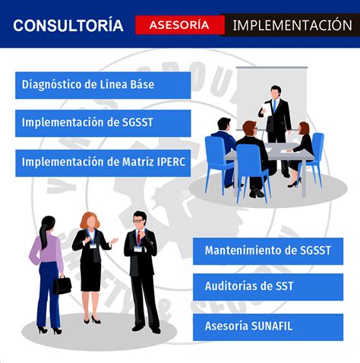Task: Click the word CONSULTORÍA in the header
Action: tap(68, 25)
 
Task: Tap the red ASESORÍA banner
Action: tap(180, 25)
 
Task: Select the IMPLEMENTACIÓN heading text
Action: tap(292, 25)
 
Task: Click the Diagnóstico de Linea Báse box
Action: tap(103, 85)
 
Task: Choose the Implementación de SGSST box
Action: tap(103, 123)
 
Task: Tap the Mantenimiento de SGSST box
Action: tap(268, 251)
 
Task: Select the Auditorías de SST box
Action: tap(268, 287)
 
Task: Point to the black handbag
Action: tap(62, 285)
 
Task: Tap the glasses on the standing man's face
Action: tap(138, 221)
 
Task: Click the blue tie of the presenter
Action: tap(274, 106)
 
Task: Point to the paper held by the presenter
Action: tap(267, 109)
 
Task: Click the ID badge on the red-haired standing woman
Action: tap(93, 246)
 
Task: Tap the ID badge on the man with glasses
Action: tap(137, 249)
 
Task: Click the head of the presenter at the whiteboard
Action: tap(276, 92)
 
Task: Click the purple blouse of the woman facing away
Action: tap(48, 249)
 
